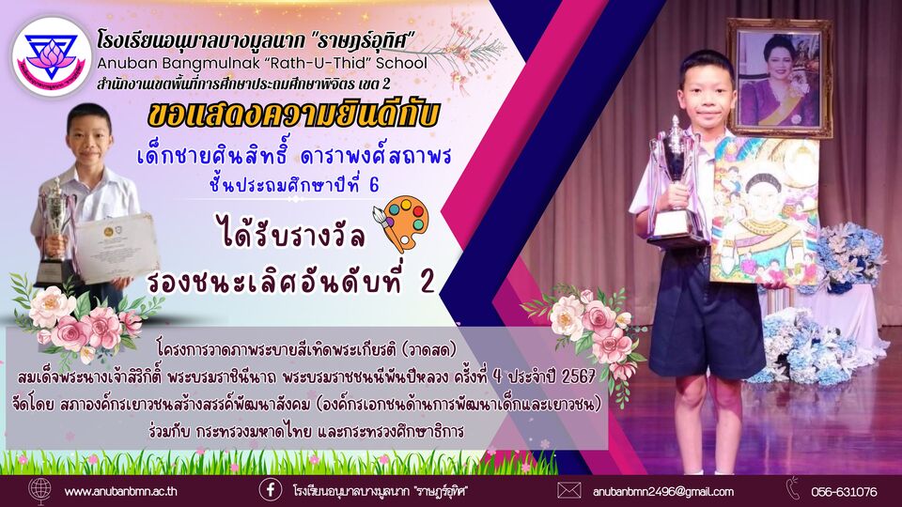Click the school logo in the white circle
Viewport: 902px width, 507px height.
click(51, 56)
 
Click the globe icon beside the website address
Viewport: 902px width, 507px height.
click(39, 492)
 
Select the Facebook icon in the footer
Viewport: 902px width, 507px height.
click(271, 490)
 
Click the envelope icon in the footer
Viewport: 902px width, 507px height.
click(569, 490)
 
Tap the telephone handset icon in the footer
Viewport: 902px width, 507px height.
click(794, 488)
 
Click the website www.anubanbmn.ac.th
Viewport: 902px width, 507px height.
click(121, 491)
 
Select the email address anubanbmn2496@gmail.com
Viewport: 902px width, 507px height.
click(663, 491)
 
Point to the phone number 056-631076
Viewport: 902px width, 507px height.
click(845, 492)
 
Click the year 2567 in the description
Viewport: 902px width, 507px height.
click(578, 377)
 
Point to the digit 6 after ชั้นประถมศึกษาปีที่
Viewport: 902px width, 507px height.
click(374, 185)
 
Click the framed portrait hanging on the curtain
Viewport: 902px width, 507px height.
click(779, 78)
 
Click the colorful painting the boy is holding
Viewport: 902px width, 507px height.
click(765, 211)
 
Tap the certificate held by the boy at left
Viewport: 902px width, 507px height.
click(117, 248)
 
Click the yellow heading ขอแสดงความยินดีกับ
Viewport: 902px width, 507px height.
click(293, 115)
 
